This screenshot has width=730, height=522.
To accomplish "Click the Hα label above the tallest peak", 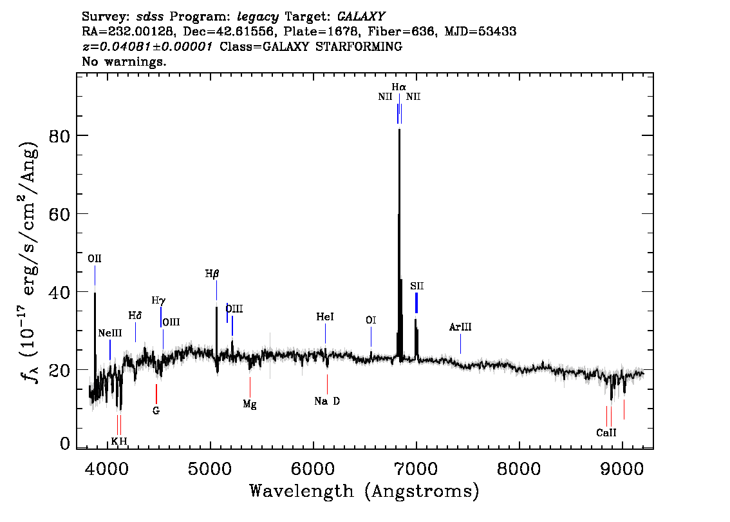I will [x=398, y=86].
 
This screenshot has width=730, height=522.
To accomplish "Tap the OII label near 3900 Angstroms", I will [x=95, y=259].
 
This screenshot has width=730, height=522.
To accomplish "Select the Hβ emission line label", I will [x=212, y=274].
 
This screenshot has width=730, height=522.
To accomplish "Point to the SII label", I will [x=417, y=286].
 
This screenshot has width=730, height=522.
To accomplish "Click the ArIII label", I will [x=460, y=327].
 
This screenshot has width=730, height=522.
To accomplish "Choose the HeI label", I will [x=325, y=317].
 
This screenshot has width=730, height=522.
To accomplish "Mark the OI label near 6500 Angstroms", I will [x=371, y=320].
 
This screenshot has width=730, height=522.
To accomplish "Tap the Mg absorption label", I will [x=250, y=404].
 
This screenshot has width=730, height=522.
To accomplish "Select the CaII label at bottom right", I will [x=606, y=433].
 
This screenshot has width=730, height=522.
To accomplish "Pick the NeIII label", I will [x=109, y=333].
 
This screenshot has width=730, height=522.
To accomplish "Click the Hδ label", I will [x=135, y=316].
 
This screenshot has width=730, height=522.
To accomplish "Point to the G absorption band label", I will [x=156, y=410].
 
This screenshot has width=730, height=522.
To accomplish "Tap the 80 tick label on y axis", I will [x=60, y=136].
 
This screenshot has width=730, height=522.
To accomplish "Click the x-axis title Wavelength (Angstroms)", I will [x=364, y=491].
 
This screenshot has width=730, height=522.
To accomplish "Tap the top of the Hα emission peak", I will [x=399, y=130].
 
